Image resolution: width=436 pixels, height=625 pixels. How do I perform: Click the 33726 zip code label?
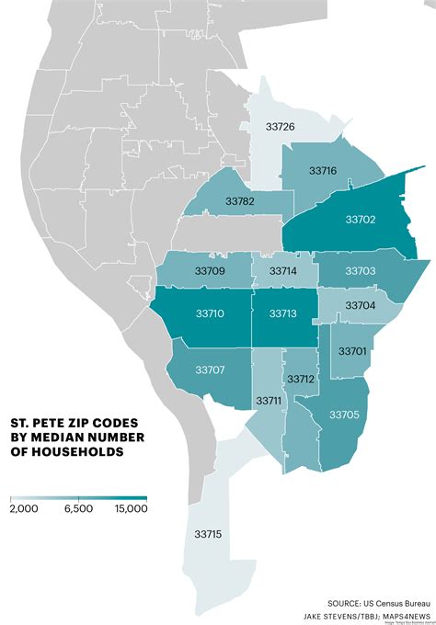click(x=280, y=125)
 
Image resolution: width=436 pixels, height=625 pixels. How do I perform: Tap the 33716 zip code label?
click(x=323, y=171)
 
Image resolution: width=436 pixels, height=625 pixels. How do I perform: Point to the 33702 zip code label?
click(x=361, y=220)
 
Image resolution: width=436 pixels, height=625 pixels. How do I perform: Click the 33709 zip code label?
click(x=211, y=271)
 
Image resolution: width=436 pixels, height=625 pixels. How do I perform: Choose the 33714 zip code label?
click(x=284, y=271)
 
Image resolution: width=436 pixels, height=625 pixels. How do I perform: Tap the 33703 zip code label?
click(x=361, y=271)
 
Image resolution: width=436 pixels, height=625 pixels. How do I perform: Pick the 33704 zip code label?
click(x=361, y=305)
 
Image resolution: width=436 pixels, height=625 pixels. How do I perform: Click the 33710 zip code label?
click(x=211, y=313)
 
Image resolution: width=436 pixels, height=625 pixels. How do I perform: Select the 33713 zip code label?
click(x=284, y=313)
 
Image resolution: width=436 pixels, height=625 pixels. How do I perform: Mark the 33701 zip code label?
click(x=353, y=351)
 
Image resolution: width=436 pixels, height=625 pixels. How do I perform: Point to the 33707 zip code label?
click(x=211, y=369)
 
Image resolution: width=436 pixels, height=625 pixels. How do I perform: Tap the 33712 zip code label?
click(x=301, y=379)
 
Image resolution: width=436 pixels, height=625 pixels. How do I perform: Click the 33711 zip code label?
click(x=270, y=402)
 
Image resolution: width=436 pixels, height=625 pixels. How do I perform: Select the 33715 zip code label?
click(x=209, y=534)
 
